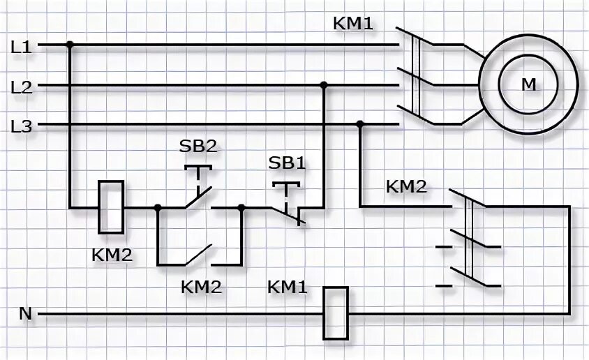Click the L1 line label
point(22,47)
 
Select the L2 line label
point(22,87)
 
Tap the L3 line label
point(22,126)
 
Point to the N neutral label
point(25,314)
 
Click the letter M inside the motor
point(529,84)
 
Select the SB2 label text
point(197,147)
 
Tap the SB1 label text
point(288,163)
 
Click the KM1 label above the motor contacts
point(354,24)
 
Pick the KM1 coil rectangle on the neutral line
point(336,313)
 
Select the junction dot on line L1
point(70,45)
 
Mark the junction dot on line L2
point(323,85)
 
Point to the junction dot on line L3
point(360,124)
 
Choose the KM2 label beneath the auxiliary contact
point(201,286)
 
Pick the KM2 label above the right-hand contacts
point(406,187)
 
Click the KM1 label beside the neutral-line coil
point(288,286)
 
